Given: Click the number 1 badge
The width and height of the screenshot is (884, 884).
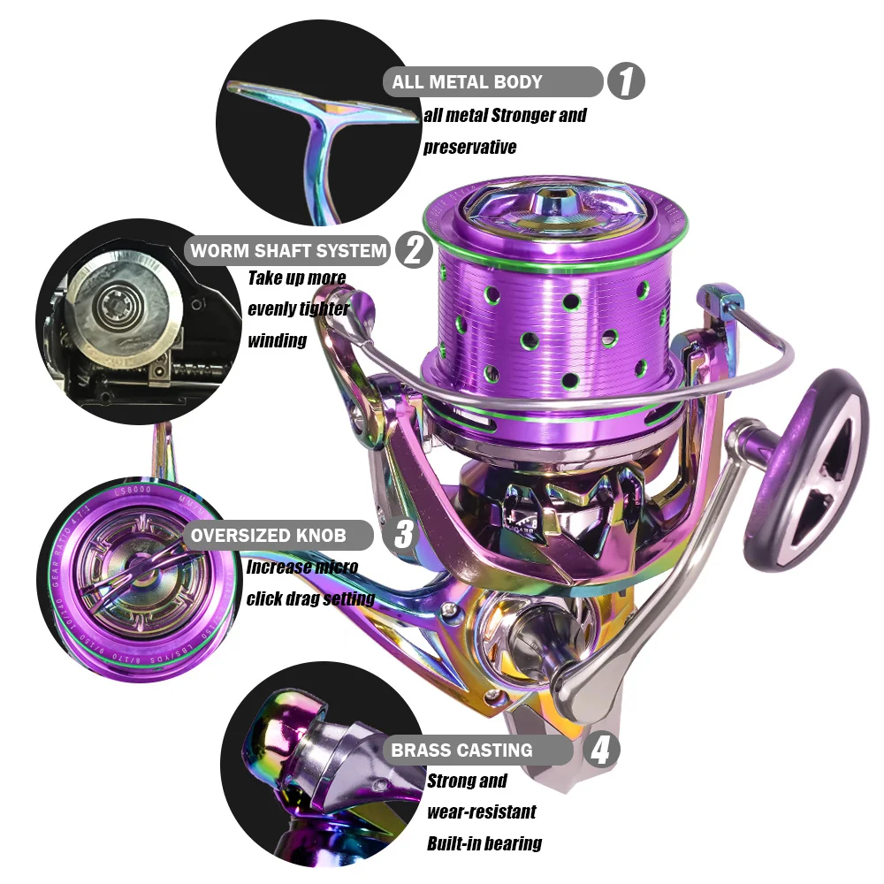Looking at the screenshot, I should pyautogui.click(x=626, y=82).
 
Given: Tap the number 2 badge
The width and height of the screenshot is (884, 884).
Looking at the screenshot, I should pyautogui.click(x=413, y=250).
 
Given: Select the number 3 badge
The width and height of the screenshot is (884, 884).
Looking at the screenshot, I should pyautogui.click(x=403, y=535).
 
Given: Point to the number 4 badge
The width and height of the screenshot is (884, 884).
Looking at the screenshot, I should pyautogui.click(x=600, y=751).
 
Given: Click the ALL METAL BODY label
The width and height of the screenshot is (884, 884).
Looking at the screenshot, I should pyautogui.click(x=468, y=82).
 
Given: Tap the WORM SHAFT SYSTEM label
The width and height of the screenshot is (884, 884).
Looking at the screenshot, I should pyautogui.click(x=289, y=250).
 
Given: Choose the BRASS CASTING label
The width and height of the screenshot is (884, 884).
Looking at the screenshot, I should pyautogui.click(x=462, y=751).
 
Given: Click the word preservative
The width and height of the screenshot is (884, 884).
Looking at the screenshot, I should pyautogui.click(x=469, y=147).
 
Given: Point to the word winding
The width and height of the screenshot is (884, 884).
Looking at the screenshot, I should pyautogui.click(x=277, y=340).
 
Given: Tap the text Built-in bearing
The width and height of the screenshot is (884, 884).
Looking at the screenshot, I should pyautogui.click(x=484, y=843).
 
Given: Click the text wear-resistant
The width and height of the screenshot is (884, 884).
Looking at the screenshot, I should pyautogui.click(x=482, y=812).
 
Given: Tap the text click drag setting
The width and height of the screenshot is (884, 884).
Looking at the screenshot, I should pyautogui.click(x=310, y=598).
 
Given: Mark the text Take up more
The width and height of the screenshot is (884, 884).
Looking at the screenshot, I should pyautogui.click(x=296, y=278).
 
